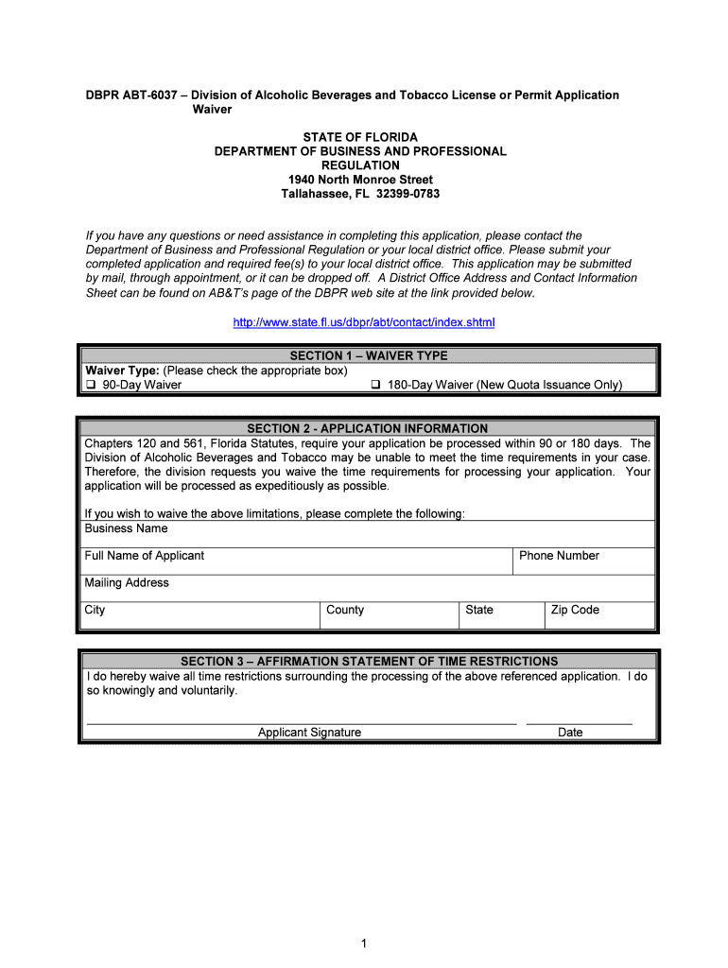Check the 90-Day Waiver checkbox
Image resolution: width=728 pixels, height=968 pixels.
(x=91, y=386)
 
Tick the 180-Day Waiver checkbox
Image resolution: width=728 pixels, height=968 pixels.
(x=375, y=386)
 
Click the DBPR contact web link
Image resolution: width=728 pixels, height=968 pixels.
(x=364, y=323)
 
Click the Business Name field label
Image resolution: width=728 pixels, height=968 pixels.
(x=126, y=528)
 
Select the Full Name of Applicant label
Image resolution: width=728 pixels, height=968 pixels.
(x=144, y=556)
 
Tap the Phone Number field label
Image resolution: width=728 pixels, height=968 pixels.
(x=559, y=556)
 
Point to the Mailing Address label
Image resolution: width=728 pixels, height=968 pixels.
(x=127, y=583)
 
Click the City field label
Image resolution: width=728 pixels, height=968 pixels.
(x=95, y=611)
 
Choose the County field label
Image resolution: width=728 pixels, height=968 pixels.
(x=345, y=611)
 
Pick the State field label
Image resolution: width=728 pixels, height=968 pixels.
(x=479, y=611)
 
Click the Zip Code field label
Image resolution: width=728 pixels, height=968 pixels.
(x=575, y=611)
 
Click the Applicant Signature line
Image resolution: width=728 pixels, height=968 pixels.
(x=301, y=722)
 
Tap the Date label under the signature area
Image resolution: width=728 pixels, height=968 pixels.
(x=570, y=733)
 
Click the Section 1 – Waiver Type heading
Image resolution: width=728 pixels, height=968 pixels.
(x=369, y=356)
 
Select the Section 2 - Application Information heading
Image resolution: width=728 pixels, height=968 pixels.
(x=368, y=429)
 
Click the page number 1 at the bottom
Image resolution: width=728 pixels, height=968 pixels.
(x=363, y=943)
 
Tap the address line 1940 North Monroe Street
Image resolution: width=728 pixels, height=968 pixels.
(x=360, y=180)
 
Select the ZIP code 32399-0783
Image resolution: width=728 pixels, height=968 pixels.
(x=407, y=194)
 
